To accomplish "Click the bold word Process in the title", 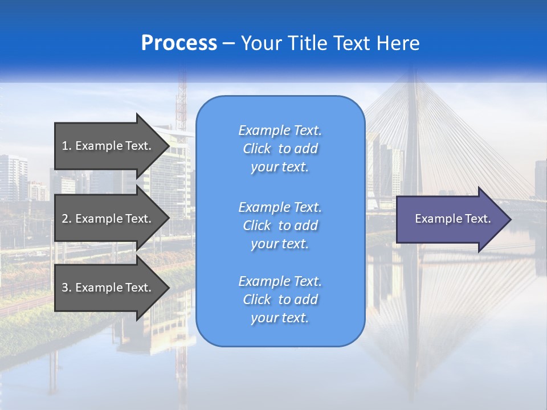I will pyautogui.click(x=179, y=43).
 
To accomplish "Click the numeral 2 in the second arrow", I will pyautogui.click(x=65, y=219).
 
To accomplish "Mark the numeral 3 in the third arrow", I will pyautogui.click(x=65, y=288).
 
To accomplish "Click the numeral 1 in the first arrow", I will pyautogui.click(x=65, y=146).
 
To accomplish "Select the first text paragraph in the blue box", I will pyautogui.click(x=280, y=149).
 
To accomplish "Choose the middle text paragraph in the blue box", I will pyautogui.click(x=280, y=225).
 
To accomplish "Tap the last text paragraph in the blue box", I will pyautogui.click(x=280, y=300).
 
